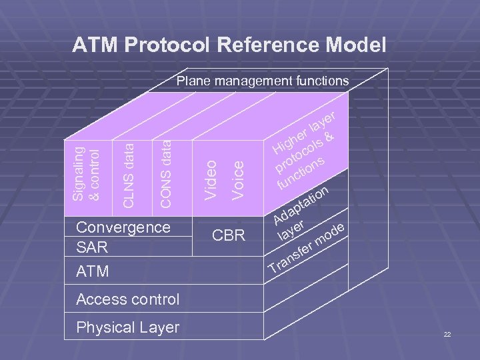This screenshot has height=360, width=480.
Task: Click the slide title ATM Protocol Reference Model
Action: point(229,45)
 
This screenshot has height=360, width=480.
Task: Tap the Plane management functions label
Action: point(262,81)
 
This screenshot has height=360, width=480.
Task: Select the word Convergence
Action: point(123,227)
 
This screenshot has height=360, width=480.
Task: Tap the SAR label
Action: point(92,247)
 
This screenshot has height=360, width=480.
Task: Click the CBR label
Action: point(229,235)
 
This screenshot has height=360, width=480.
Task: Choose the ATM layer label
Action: point(93,272)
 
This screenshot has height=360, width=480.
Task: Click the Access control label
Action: point(128,299)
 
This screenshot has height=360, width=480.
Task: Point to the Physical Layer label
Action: point(128,327)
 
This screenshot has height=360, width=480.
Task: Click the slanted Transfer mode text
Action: point(307,249)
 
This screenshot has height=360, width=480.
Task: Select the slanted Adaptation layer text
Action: point(300,212)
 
